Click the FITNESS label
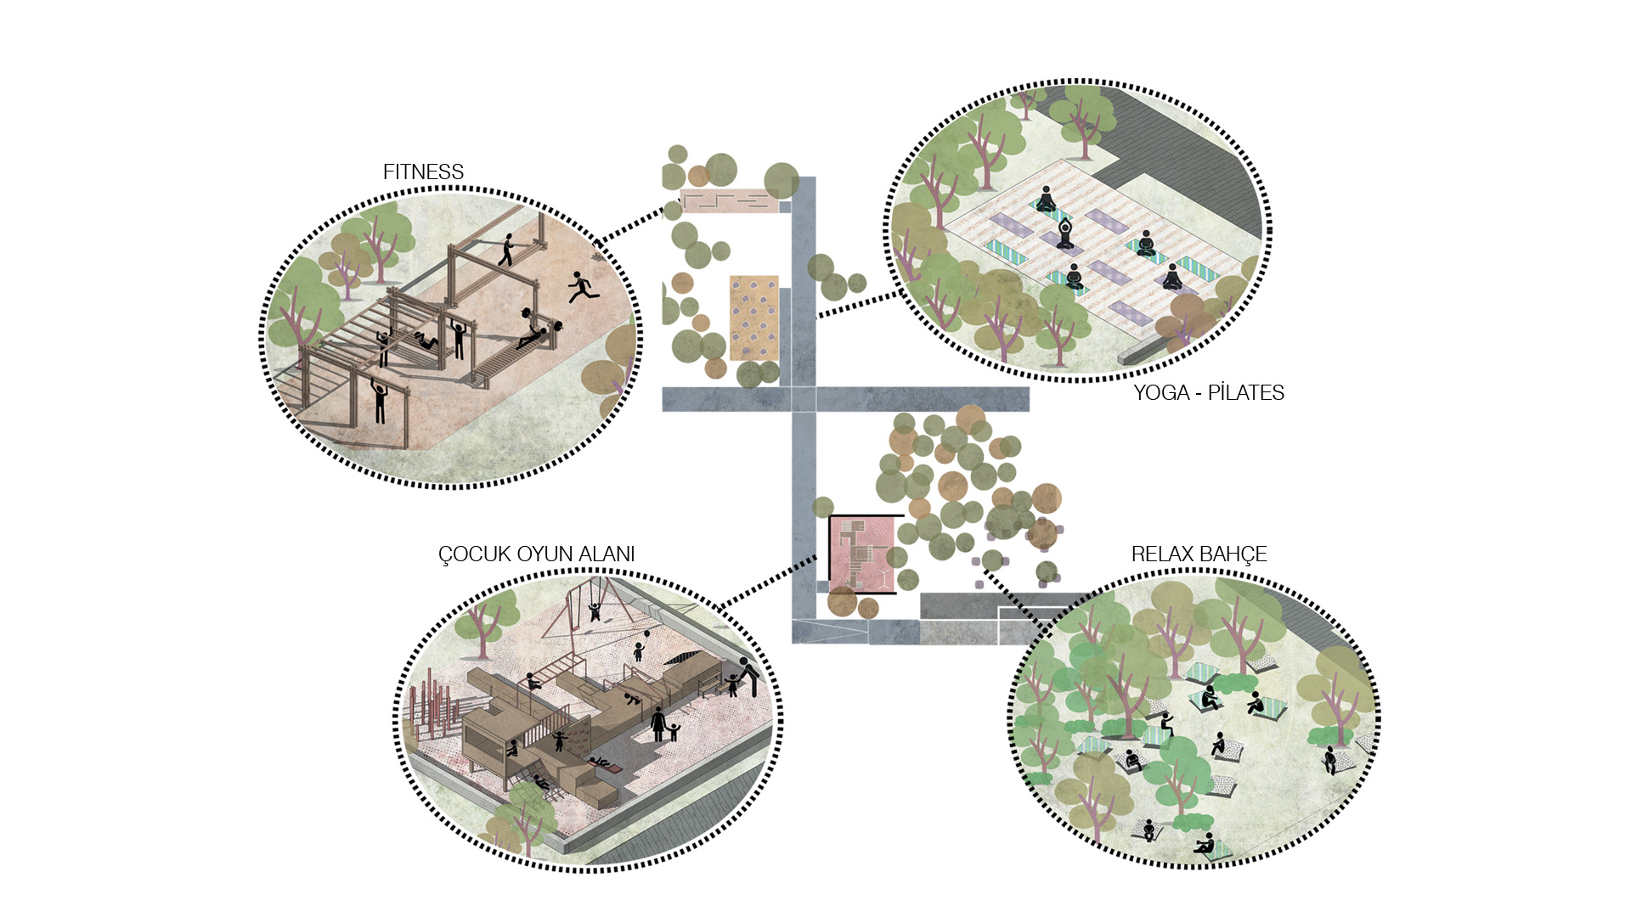pyautogui.click(x=423, y=172)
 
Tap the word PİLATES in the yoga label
pyautogui.click(x=1245, y=392)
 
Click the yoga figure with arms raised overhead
pyautogui.click(x=1066, y=233)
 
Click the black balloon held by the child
pyautogui.click(x=647, y=633)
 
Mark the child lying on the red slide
pyautogui.click(x=606, y=764)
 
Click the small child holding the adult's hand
pyautogui.click(x=674, y=730)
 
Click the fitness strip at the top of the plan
pyautogui.click(x=729, y=201)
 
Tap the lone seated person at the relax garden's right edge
pyautogui.click(x=1329, y=758)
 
